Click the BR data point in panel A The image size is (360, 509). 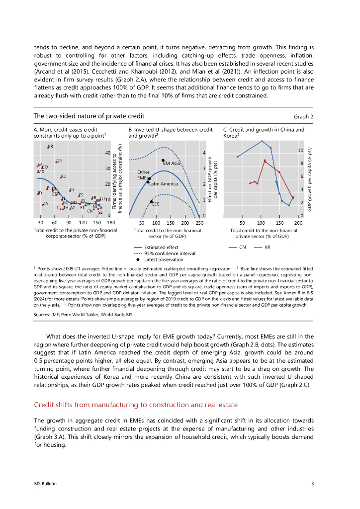48,147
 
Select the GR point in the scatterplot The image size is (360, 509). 56,162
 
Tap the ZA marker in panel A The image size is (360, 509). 43,204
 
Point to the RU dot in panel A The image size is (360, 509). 61,177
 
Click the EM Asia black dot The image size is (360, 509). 163,161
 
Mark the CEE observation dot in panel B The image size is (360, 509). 151,201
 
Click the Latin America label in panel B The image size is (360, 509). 164,184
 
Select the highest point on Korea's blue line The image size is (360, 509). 262,141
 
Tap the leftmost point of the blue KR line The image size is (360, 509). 237,157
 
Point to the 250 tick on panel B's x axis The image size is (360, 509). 199,223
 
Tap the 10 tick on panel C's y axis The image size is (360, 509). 300,150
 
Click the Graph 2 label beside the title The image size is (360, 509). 303,117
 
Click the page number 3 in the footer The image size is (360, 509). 312,483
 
